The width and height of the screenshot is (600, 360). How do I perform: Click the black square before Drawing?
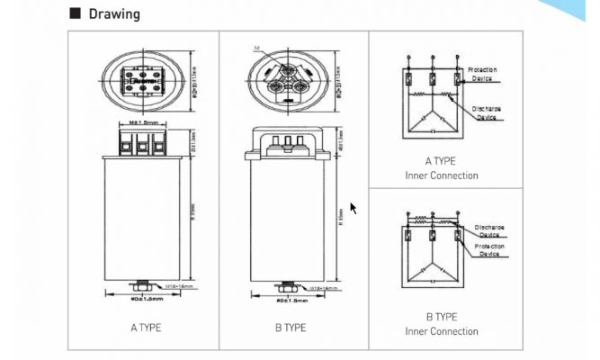[x=76, y=14]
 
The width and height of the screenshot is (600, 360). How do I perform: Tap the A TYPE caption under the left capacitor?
[x=145, y=328]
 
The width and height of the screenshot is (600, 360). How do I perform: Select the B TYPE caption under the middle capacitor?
[x=291, y=328]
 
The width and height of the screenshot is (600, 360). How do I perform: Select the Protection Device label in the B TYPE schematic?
[x=491, y=250]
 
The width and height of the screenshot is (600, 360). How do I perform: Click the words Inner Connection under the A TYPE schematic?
[x=442, y=175]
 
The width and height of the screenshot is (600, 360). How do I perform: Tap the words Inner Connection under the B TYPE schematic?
[x=442, y=331]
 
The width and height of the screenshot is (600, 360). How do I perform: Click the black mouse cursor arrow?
[x=354, y=208]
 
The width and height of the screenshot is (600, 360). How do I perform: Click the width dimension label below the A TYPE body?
[x=145, y=297]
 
